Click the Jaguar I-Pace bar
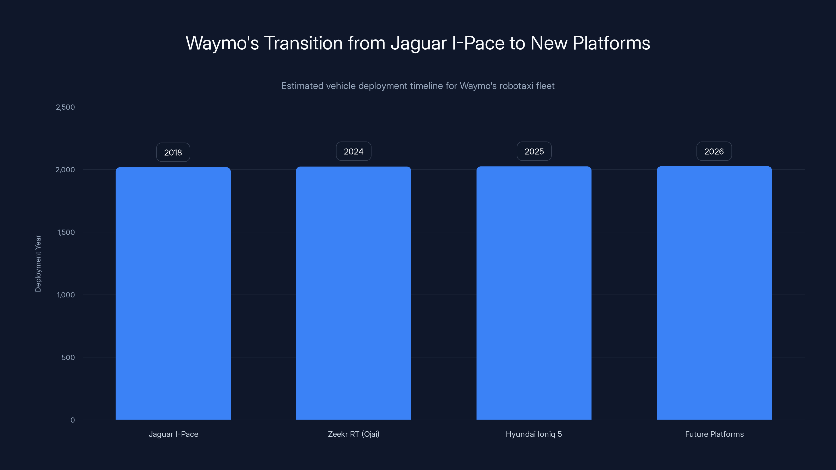(x=173, y=293)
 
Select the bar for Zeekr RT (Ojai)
(x=353, y=293)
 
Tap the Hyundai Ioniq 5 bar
(x=534, y=293)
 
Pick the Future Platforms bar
(x=714, y=293)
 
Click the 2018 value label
(x=173, y=152)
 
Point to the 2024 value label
(x=353, y=151)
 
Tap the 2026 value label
(x=714, y=151)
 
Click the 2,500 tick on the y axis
(x=65, y=107)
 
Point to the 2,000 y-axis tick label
(x=65, y=170)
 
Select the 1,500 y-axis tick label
(x=66, y=232)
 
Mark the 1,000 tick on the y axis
(x=66, y=295)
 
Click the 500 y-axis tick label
(x=68, y=357)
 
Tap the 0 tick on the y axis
(x=73, y=420)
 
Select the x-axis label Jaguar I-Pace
(x=173, y=434)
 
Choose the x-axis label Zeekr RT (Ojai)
(x=353, y=434)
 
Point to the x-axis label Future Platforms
(x=714, y=434)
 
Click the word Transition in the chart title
(x=303, y=43)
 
